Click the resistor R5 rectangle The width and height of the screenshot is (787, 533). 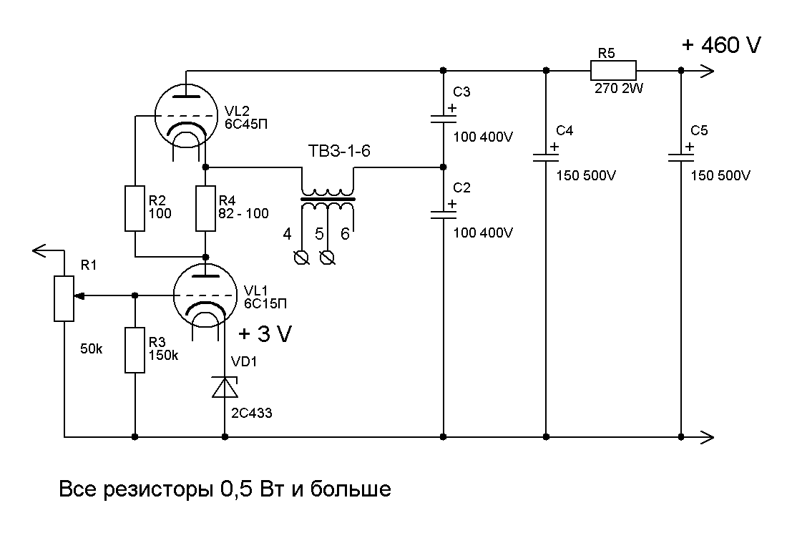pyautogui.click(x=613, y=70)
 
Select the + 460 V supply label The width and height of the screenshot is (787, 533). pyautogui.click(x=721, y=45)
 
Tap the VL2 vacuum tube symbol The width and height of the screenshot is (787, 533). pyautogui.click(x=186, y=117)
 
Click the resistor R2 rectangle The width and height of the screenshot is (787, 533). pyautogui.click(x=135, y=209)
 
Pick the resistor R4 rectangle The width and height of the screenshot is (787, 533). pyautogui.click(x=206, y=209)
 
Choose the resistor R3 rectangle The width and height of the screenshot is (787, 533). pyautogui.click(x=135, y=350)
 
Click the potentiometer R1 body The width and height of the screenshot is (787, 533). pyautogui.click(x=64, y=295)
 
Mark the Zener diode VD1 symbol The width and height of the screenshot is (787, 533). pyautogui.click(x=225, y=387)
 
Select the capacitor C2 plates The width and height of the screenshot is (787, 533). pyautogui.click(x=443, y=212)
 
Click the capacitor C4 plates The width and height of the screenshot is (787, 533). pyautogui.click(x=546, y=157)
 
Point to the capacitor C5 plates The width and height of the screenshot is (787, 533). pyautogui.click(x=680, y=156)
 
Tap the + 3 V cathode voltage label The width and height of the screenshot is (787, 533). pyautogui.click(x=265, y=333)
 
